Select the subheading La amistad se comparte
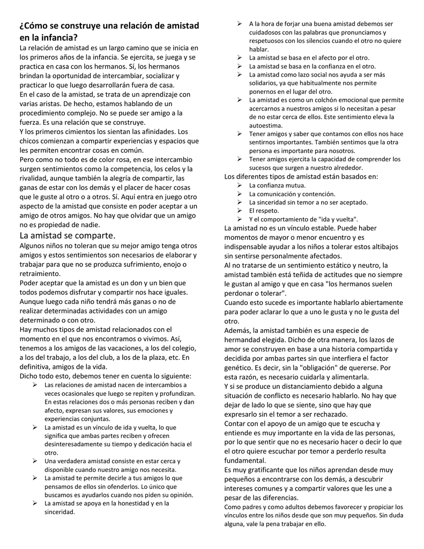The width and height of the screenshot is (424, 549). (67, 235)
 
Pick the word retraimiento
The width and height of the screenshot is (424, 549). (40, 273)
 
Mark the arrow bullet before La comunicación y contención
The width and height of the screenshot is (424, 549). (240, 194)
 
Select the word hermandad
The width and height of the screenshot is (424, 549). (244, 340)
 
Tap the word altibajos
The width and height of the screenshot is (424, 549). (382, 247)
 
